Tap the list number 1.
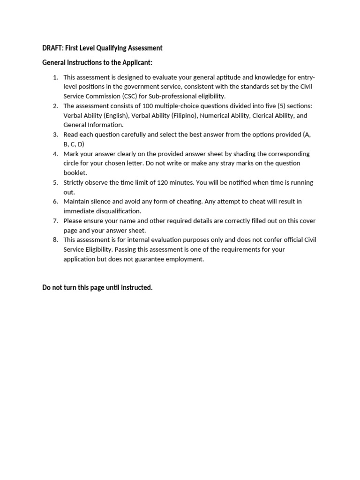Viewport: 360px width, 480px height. (x=55, y=77)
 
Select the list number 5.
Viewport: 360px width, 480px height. (x=55, y=182)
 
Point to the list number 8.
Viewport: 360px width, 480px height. (x=55, y=240)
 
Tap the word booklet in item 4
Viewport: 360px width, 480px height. (x=75, y=173)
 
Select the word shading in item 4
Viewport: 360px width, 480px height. (x=243, y=154)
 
